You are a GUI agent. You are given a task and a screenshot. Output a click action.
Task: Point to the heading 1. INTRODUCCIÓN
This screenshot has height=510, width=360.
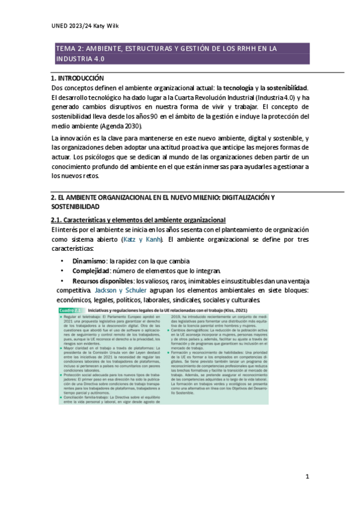point(78,78)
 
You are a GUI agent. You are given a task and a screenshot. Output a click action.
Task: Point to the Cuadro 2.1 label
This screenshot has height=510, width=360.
point(72,309)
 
